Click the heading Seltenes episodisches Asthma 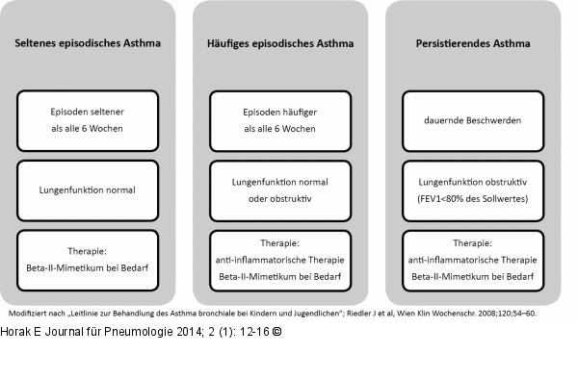[x=88, y=43]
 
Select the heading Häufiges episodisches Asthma [x=280, y=43]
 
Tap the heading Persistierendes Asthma [x=472, y=43]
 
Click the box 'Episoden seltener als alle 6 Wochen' [x=88, y=120]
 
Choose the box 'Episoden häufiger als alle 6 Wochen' [x=280, y=120]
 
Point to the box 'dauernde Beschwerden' [x=472, y=120]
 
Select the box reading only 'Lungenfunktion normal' [x=88, y=189]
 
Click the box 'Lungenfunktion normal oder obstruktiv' [x=280, y=189]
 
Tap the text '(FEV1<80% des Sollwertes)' [x=472, y=199]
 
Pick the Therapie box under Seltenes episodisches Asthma [x=88, y=260]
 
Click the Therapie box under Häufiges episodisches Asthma [x=280, y=260]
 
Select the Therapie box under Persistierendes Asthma [x=472, y=260]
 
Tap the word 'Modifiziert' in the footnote [x=27, y=314]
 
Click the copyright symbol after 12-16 [x=277, y=332]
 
